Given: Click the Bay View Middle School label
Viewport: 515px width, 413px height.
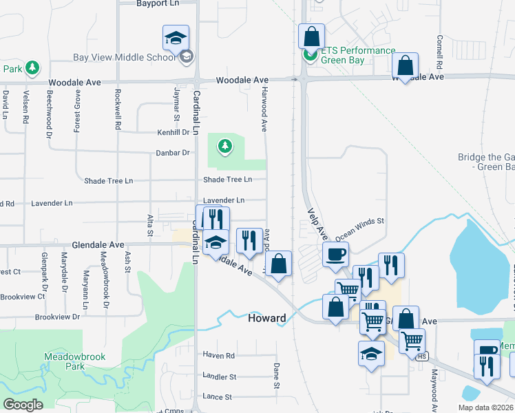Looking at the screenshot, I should [125, 57].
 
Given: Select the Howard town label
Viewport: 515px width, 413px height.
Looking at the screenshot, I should [266, 318].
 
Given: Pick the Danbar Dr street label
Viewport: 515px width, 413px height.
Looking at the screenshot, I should [173, 153].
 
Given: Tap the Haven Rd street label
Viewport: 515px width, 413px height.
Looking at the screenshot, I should [219, 355].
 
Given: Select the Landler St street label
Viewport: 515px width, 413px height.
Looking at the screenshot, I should [220, 377].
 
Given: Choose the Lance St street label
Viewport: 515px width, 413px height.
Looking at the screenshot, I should [218, 397].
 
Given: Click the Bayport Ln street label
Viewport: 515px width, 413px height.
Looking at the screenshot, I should [157, 3].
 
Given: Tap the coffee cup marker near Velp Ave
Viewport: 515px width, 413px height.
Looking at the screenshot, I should [336, 253].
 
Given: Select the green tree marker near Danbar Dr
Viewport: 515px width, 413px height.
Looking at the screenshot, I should [224, 146].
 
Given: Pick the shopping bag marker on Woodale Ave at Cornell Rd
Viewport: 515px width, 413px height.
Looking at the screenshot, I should [406, 65].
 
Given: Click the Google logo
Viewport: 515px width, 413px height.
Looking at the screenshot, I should [23, 405].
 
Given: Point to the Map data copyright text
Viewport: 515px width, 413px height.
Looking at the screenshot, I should [486, 407].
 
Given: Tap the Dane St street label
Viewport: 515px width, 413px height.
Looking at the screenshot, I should [277, 376].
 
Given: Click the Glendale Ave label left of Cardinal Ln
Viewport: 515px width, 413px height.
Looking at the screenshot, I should [98, 244].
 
